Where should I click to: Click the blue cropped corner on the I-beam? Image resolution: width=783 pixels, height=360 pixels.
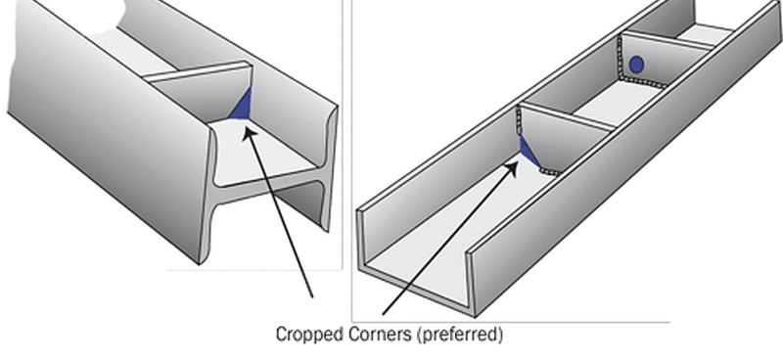pos(242,105)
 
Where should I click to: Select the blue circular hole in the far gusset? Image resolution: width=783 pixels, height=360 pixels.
pos(636,65)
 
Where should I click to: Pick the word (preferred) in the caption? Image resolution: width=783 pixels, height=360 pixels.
pos(459,335)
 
